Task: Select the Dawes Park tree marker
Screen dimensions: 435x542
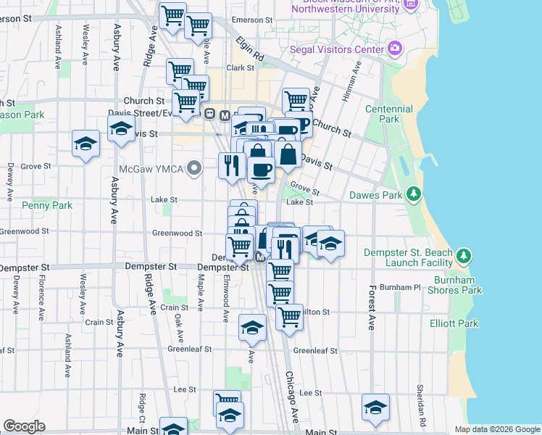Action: [413, 194]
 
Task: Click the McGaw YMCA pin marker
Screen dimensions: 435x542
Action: [193, 170]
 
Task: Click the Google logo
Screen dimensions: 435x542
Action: [24, 426]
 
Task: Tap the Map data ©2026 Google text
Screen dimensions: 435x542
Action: [496, 429]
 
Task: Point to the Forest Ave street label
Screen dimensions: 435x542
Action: [372, 307]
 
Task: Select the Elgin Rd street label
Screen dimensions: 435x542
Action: [249, 50]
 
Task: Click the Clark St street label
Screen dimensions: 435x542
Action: [241, 67]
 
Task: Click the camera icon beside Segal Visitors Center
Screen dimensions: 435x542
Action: [395, 49]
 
